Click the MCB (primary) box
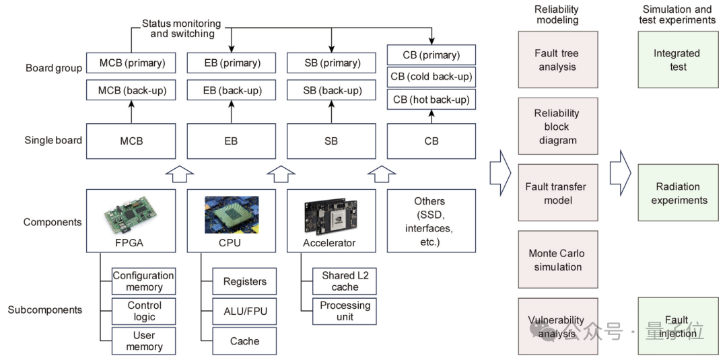[132, 63]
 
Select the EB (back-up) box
[232, 90]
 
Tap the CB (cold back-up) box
[431, 77]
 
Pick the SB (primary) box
[331, 63]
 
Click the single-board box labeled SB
[331, 141]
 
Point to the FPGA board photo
[132, 211]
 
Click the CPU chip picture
[232, 214]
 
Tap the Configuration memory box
[143, 281]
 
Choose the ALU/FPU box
[244, 311]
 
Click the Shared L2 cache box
[345, 281]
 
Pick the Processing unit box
[345, 310]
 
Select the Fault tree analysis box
[557, 60]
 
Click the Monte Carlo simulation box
[557, 260]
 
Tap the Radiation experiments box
[678, 193]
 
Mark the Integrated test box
[678, 60]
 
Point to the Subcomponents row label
[45, 310]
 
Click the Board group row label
[54, 68]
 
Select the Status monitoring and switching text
[182, 28]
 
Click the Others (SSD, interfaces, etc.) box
[431, 221]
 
